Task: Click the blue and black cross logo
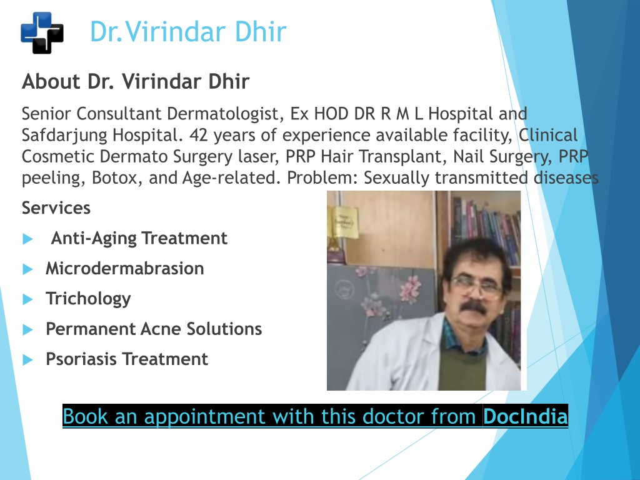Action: [42, 32]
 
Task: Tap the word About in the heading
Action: [51, 81]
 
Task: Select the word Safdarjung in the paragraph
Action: [64, 136]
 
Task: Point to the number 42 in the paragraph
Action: [199, 135]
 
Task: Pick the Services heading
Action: [56, 207]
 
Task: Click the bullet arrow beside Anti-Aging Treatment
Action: [27, 239]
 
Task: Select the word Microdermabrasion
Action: [125, 269]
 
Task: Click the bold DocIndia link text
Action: [525, 416]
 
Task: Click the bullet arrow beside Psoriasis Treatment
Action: [27, 359]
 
